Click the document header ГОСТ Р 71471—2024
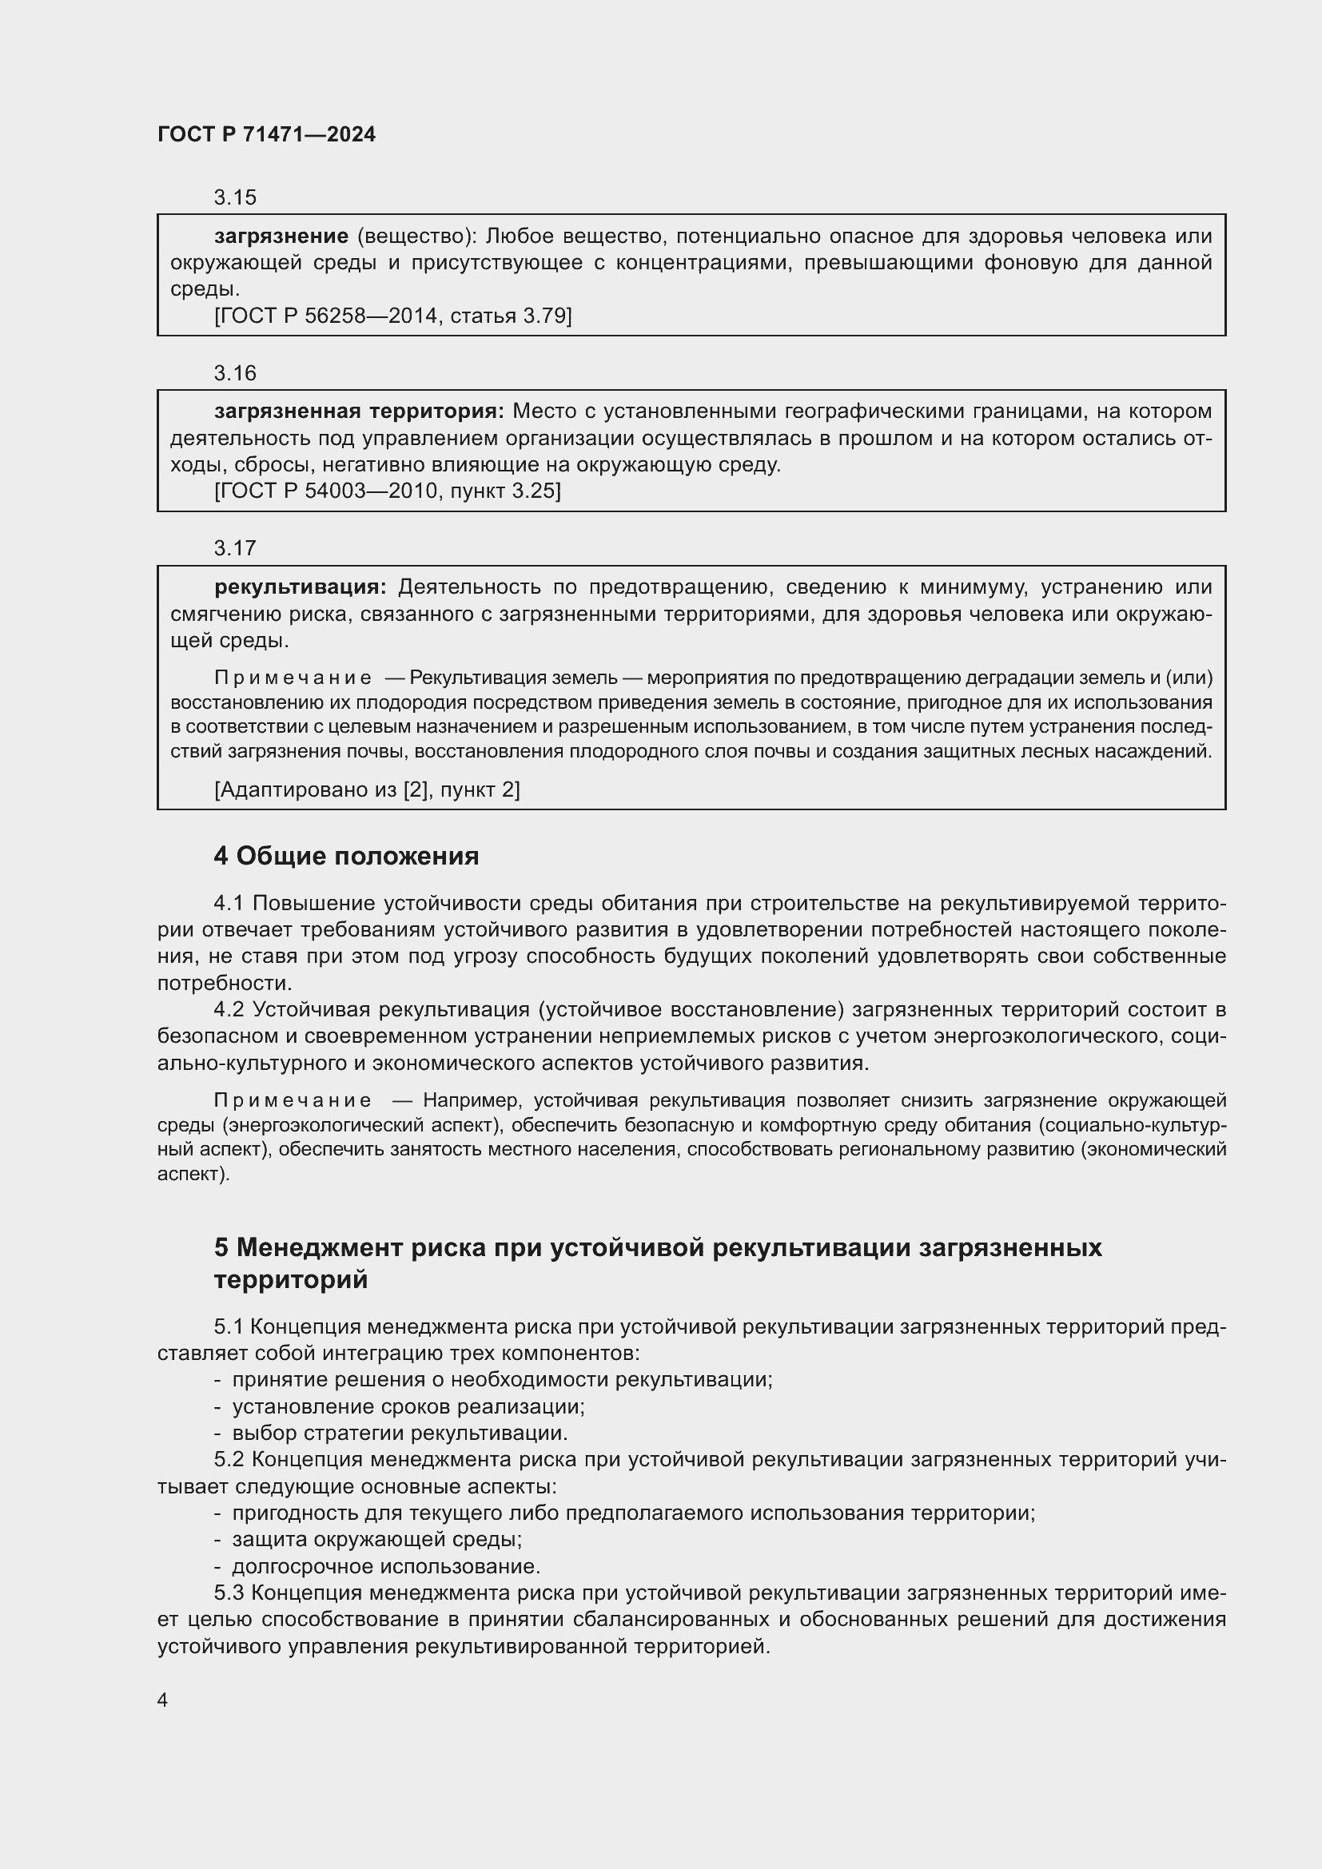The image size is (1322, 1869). [266, 135]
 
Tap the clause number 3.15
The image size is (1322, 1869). [234, 198]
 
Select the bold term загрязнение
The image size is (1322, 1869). [281, 237]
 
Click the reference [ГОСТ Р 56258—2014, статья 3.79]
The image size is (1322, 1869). [392, 316]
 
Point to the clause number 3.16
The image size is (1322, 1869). [234, 374]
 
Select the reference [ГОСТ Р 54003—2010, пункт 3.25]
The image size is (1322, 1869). [387, 491]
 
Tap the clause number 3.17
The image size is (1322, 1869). [234, 549]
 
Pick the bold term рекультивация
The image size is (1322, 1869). [300, 587]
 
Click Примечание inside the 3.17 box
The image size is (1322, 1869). [293, 678]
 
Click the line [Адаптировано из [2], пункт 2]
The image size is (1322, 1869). [366, 789]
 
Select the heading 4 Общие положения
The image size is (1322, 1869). [346, 857]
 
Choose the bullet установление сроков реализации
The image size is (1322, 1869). [408, 1406]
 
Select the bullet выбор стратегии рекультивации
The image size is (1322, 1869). [400, 1433]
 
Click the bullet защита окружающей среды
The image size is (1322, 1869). [377, 1539]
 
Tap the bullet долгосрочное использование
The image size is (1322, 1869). [386, 1566]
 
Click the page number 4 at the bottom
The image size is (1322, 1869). [163, 1700]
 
